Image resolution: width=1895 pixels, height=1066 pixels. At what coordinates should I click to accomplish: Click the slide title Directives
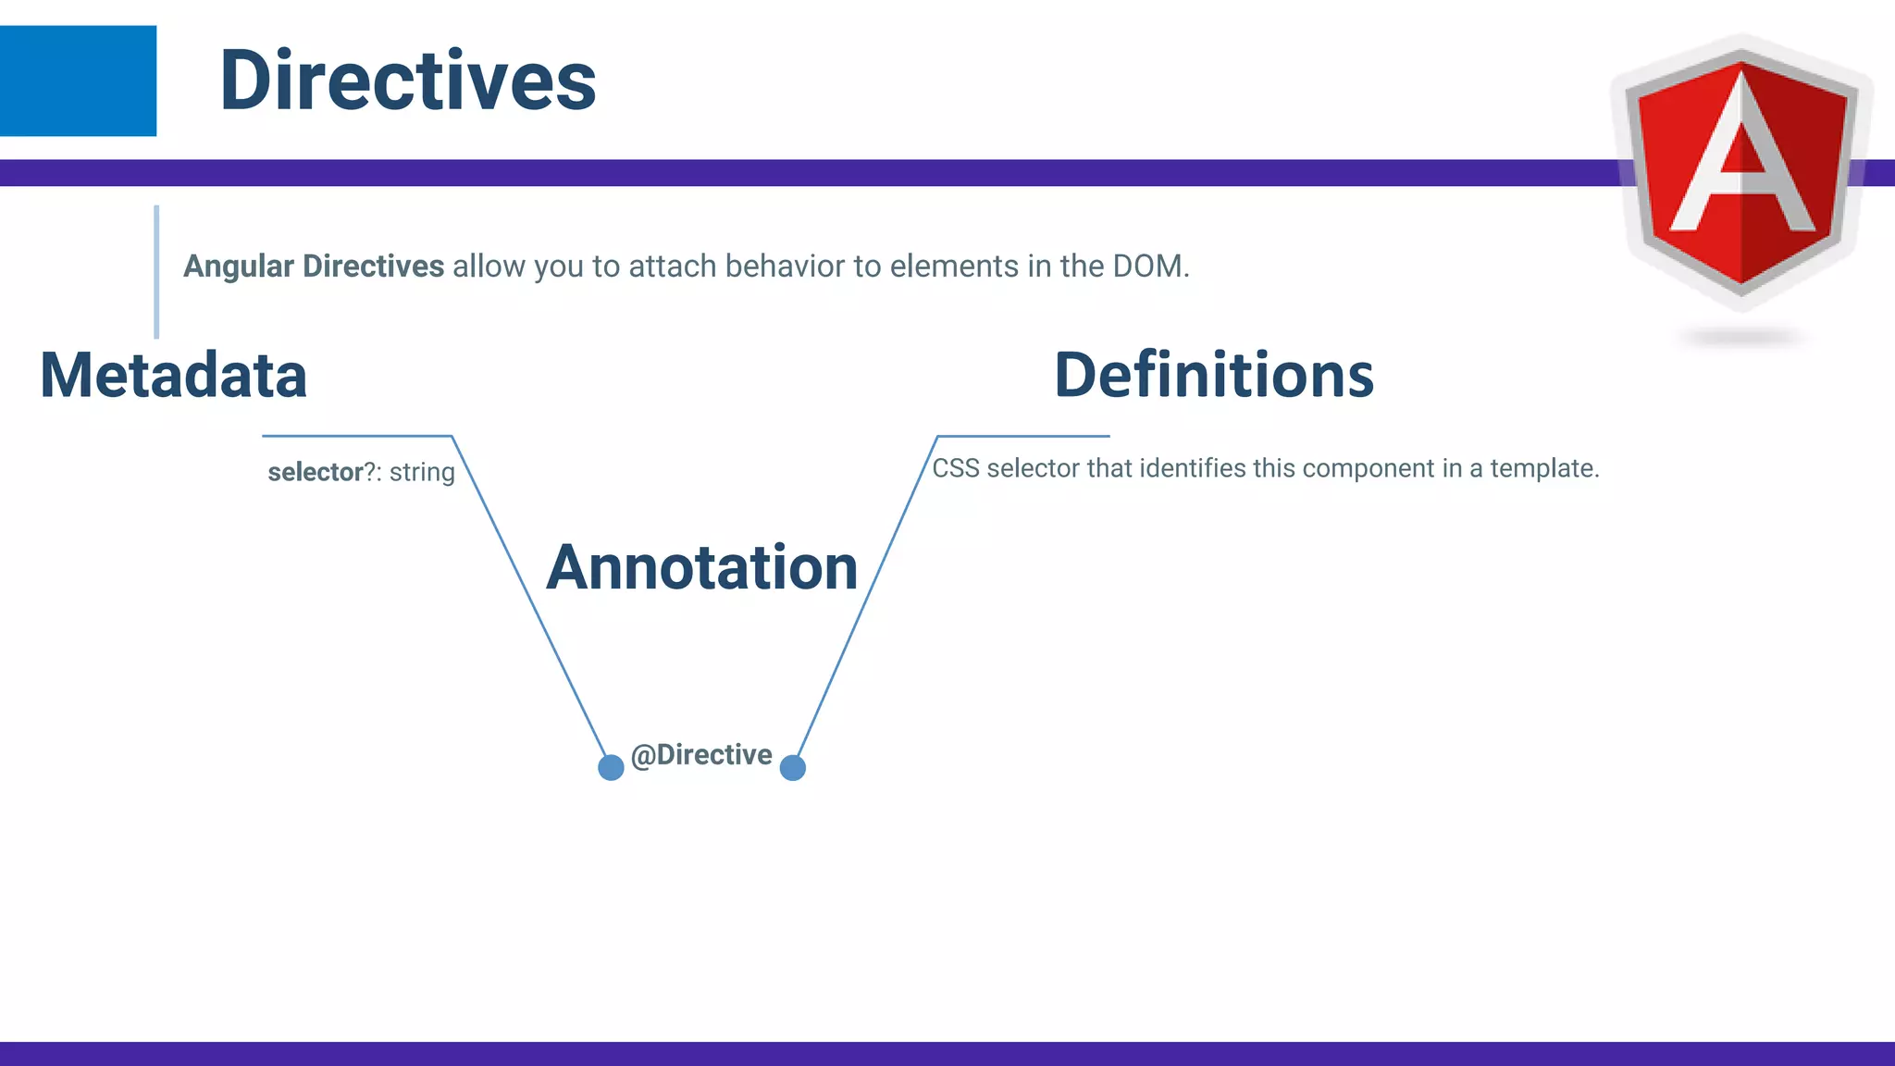407,81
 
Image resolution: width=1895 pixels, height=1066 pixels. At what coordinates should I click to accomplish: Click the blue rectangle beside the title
78,81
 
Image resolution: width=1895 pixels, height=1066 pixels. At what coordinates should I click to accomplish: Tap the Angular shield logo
1741,171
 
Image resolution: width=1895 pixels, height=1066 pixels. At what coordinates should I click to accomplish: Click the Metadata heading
173,376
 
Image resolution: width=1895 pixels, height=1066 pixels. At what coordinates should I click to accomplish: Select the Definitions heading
1213,376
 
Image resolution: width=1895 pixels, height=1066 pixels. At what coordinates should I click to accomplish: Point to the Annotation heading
701,567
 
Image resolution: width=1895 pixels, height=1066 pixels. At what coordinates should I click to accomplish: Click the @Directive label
701,755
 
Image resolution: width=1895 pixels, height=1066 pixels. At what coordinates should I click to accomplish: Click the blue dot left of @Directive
611,767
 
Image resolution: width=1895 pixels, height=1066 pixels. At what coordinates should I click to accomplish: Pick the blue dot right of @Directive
793,767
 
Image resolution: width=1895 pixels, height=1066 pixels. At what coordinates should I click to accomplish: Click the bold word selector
315,473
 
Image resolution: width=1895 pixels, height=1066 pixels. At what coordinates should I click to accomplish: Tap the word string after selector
422,473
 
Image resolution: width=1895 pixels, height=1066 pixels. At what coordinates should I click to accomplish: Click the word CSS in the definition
955,468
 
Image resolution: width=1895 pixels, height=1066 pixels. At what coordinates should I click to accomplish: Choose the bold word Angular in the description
238,266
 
